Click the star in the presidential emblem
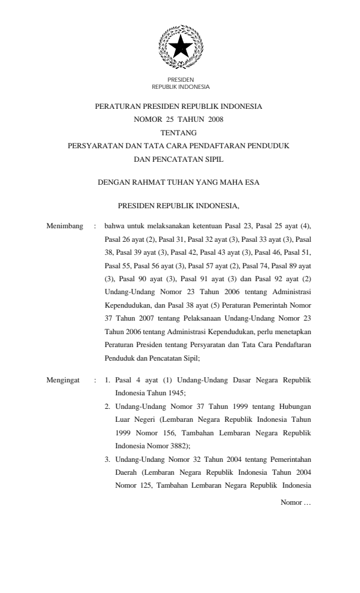tap(181, 46)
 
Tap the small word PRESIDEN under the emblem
tap(181, 79)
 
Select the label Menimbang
tap(64, 225)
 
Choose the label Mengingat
tap(63, 381)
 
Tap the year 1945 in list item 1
tap(173, 394)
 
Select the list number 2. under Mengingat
tap(108, 407)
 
